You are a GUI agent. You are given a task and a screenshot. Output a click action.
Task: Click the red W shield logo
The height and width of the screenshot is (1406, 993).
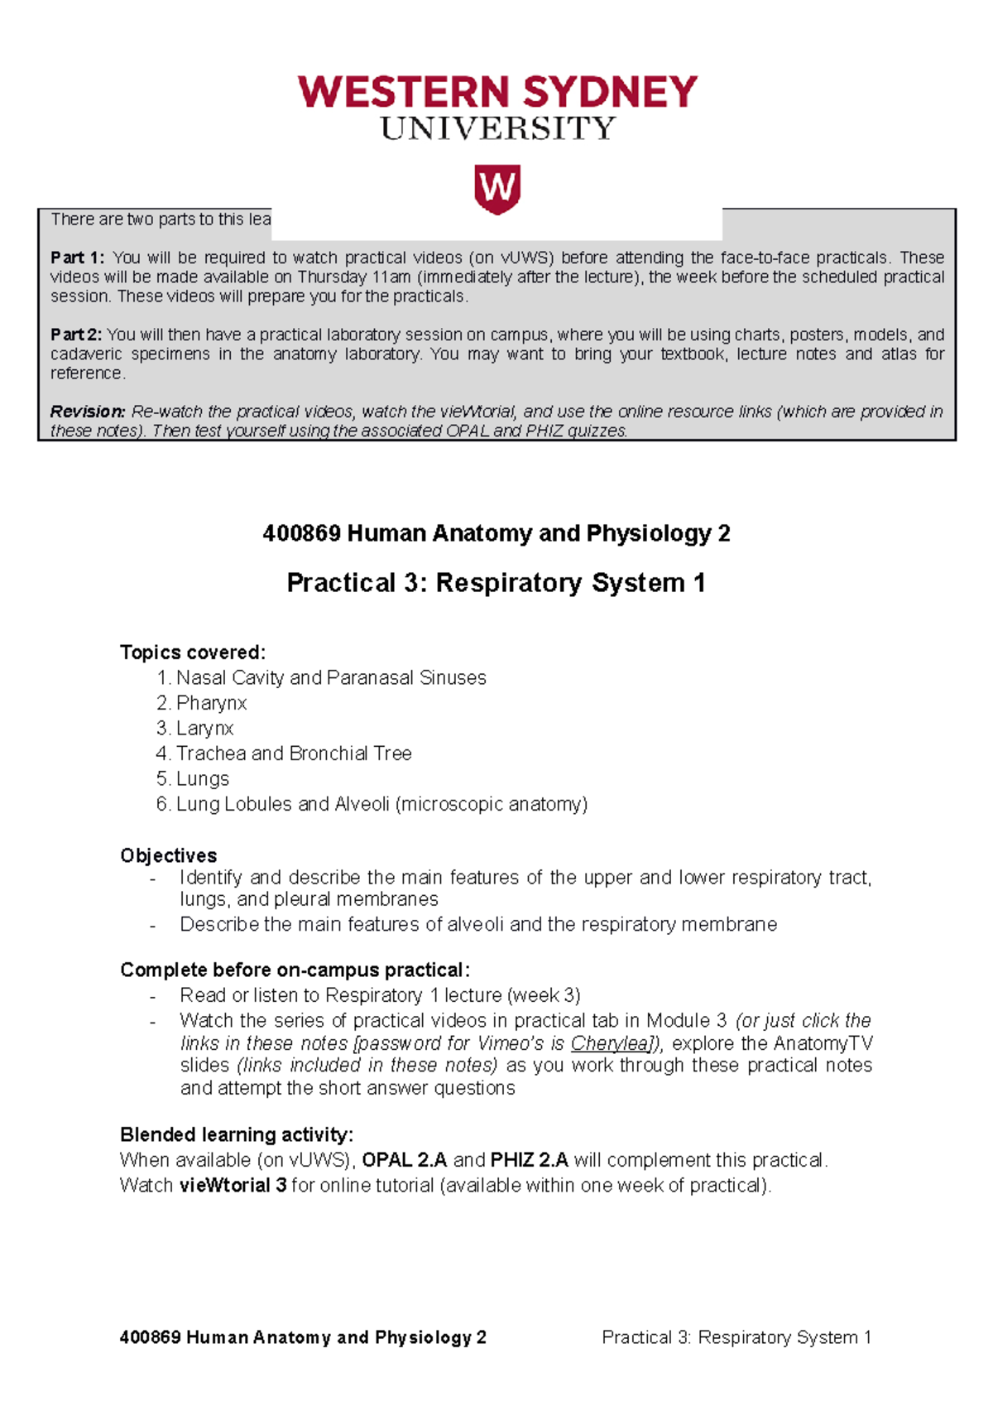coord(496,189)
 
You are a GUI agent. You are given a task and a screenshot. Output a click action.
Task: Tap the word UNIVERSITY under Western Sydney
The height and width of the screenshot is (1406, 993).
coord(497,128)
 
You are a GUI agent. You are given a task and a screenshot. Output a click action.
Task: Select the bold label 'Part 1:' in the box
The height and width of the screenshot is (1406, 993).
coord(77,258)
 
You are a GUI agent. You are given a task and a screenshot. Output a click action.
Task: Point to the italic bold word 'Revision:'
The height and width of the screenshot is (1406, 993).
coord(87,412)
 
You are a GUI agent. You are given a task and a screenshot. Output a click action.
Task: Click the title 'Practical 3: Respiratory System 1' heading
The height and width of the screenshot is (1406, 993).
coord(496,583)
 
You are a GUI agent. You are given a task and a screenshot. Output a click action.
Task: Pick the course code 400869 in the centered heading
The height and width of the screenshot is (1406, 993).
coord(301,533)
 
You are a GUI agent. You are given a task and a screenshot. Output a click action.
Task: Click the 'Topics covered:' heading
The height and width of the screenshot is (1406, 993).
coord(193,652)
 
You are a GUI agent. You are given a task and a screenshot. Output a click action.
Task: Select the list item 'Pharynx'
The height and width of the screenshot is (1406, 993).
coord(211,703)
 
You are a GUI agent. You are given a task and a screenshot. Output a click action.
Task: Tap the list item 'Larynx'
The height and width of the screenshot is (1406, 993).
coord(204,729)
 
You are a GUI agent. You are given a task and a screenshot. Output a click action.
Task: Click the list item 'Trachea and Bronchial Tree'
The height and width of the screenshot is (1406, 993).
coord(293,754)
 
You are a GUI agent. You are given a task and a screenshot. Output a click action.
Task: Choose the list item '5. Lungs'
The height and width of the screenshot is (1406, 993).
coord(193,779)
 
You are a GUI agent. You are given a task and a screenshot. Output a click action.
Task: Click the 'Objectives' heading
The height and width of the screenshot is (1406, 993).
coord(168,855)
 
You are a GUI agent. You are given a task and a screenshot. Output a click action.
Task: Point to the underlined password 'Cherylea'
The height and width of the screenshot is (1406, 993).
coord(611,1043)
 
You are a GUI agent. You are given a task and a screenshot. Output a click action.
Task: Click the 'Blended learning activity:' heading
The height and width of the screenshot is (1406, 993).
coord(236,1134)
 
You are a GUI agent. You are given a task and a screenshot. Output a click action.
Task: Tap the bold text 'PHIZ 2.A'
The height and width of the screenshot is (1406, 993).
coord(529,1160)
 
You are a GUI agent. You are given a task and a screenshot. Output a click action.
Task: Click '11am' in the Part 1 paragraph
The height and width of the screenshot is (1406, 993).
coord(391,277)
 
